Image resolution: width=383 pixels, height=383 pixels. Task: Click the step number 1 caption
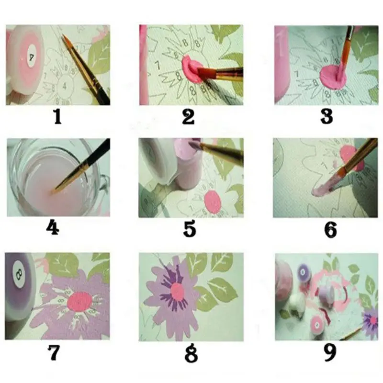tap(57, 117)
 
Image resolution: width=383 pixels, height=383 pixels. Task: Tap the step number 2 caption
tap(189, 117)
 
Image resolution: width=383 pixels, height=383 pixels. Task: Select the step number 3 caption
tap(327, 117)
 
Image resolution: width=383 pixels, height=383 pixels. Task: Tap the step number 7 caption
tap(54, 353)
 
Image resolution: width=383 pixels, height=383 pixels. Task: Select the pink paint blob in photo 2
tap(191, 70)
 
